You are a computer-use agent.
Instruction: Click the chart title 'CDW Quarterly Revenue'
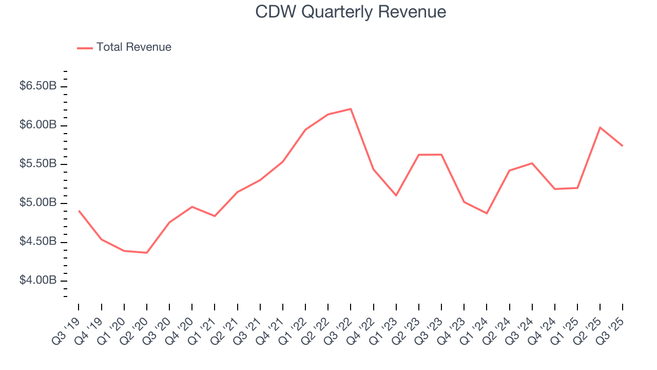351,12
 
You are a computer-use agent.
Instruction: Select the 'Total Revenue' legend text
133,47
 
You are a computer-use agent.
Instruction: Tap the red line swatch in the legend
85,48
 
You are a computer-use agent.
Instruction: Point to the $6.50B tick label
37,86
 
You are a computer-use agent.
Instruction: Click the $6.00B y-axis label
37,125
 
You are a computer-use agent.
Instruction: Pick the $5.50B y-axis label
37,164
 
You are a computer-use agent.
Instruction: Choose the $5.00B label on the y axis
37,203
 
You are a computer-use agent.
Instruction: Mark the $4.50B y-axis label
37,242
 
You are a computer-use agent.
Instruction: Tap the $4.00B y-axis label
37,281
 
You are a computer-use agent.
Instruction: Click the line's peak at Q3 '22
351,109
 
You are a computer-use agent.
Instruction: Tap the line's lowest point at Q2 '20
147,253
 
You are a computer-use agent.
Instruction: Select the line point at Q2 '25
600,127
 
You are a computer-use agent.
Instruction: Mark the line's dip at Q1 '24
487,213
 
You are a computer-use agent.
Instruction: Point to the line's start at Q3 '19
79,211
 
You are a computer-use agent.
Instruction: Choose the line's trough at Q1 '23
396,195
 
